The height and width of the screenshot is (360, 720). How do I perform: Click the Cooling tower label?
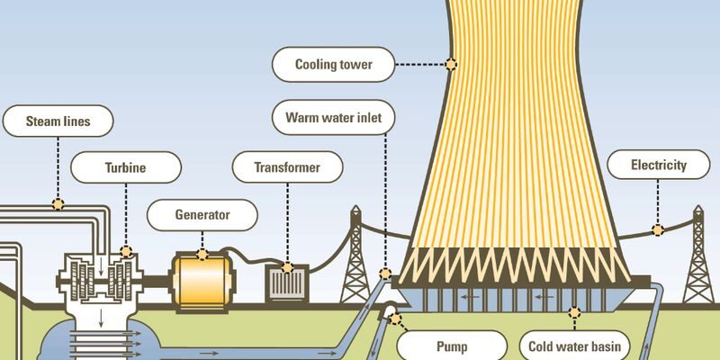[333, 64]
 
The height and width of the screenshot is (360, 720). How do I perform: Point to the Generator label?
[202, 214]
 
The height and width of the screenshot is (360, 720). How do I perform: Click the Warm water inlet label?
[333, 118]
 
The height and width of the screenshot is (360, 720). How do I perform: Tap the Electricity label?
[658, 166]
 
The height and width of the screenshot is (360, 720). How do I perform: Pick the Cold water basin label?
[576, 345]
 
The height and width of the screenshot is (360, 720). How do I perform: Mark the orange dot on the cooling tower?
[450, 64]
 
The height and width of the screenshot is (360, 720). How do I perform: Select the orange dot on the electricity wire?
[658, 229]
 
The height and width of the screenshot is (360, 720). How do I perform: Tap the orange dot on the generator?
[202, 253]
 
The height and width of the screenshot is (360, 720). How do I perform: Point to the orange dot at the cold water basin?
[575, 312]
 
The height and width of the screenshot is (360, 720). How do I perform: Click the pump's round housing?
[393, 311]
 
